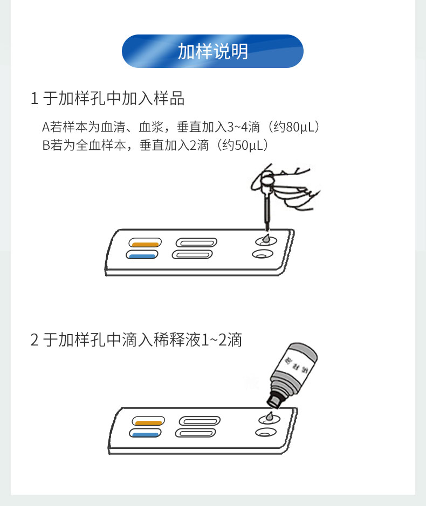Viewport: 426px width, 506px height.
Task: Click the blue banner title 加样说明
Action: click(212, 51)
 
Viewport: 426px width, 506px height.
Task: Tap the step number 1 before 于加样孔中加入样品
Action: click(34, 99)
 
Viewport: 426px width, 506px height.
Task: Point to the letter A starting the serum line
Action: click(45, 127)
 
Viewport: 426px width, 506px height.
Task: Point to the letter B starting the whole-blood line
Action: click(46, 145)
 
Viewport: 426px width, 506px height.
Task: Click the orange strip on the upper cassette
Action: click(146, 244)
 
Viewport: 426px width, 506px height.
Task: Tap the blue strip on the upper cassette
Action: click(142, 257)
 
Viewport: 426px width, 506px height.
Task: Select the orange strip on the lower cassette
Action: click(149, 422)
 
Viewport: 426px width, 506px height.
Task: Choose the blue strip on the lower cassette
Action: click(146, 435)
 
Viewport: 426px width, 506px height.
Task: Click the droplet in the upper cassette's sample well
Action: click(266, 239)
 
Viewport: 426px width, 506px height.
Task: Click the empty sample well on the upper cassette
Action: click(263, 254)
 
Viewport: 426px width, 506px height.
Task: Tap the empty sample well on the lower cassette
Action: click(266, 432)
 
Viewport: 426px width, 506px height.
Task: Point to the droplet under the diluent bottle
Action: click(270, 417)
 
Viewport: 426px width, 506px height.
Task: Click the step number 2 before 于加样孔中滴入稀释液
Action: click(35, 340)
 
